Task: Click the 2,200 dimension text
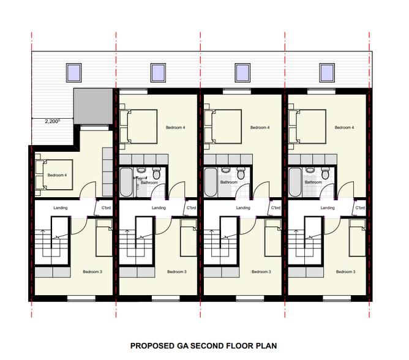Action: click(x=52, y=121)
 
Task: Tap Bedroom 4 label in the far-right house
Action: click(x=344, y=127)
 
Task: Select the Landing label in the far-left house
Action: click(x=61, y=208)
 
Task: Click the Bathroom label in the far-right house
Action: click(x=313, y=182)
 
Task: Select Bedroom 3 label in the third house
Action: click(x=261, y=271)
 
